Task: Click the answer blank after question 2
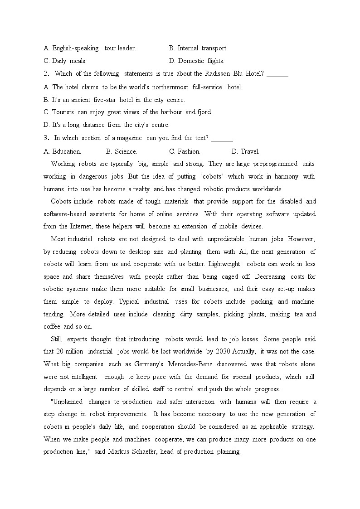coord(277,74)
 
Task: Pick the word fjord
coord(204,112)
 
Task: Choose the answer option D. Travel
coord(245,151)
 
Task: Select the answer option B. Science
coord(122,151)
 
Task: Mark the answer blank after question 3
coord(222,138)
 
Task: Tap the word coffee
coord(52,326)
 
